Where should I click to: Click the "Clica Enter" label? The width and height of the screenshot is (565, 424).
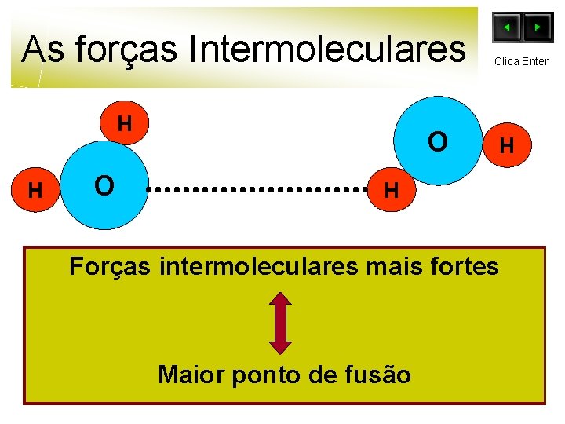(521, 61)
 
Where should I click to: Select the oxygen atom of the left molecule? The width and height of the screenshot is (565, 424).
(104, 186)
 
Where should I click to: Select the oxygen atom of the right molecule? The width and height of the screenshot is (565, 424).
(438, 141)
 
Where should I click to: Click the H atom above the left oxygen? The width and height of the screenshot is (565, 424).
(124, 124)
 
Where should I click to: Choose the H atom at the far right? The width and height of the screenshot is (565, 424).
(507, 145)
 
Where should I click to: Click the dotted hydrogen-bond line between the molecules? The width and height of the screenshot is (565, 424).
(259, 189)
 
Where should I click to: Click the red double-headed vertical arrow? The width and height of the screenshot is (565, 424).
(281, 322)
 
